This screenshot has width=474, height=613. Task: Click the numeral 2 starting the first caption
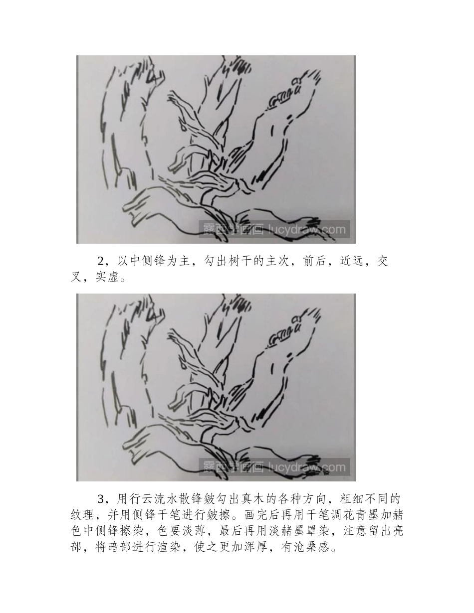click(x=100, y=262)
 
